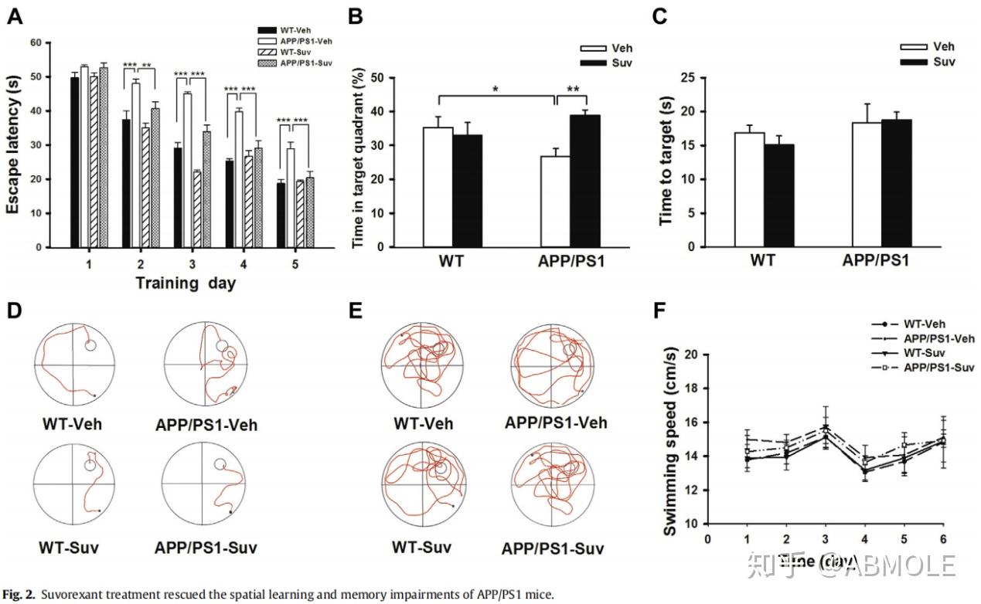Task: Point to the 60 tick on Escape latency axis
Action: pos(36,42)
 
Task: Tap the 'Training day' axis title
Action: pos(186,283)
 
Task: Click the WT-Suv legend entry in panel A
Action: pos(298,51)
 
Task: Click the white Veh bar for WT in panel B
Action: pos(438,187)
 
